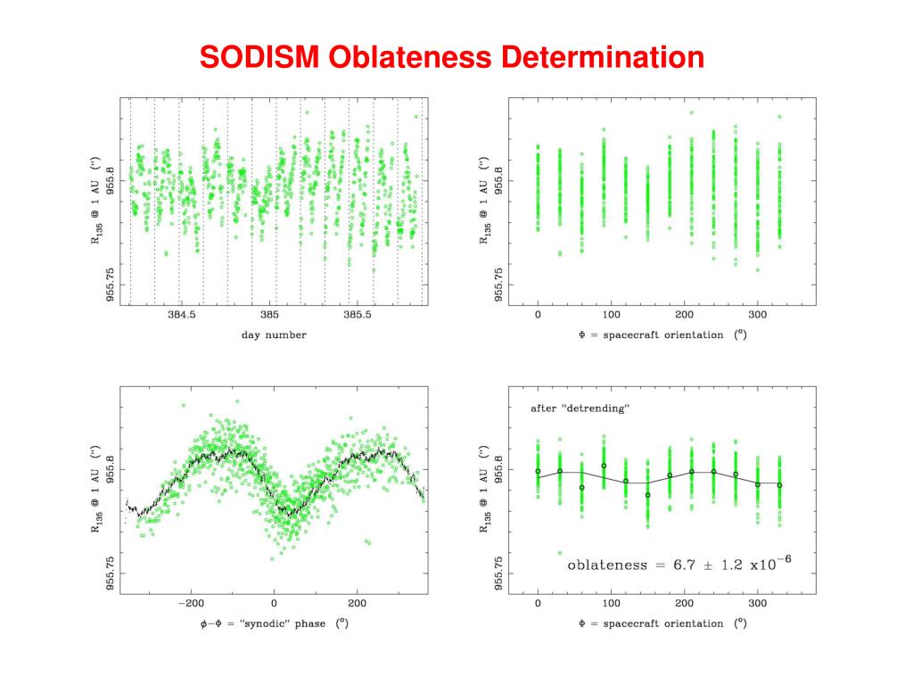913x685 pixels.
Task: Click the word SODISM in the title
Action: [259, 58]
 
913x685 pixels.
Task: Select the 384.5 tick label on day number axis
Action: [180, 317]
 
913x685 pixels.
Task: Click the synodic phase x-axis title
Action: [273, 623]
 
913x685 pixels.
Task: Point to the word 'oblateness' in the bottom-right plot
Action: [610, 565]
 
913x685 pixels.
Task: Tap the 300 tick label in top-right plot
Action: [757, 317]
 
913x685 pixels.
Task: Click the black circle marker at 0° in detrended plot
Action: [538, 471]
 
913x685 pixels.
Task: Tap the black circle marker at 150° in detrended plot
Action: [648, 494]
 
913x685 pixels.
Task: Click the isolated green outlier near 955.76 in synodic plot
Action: [368, 541]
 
